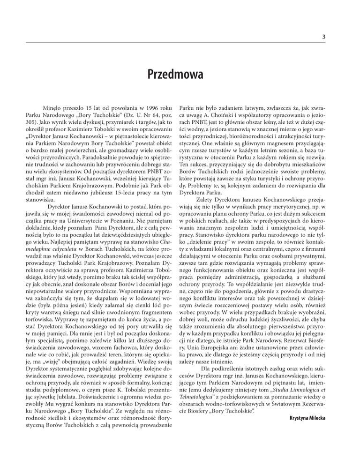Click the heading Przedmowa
(180, 75)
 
